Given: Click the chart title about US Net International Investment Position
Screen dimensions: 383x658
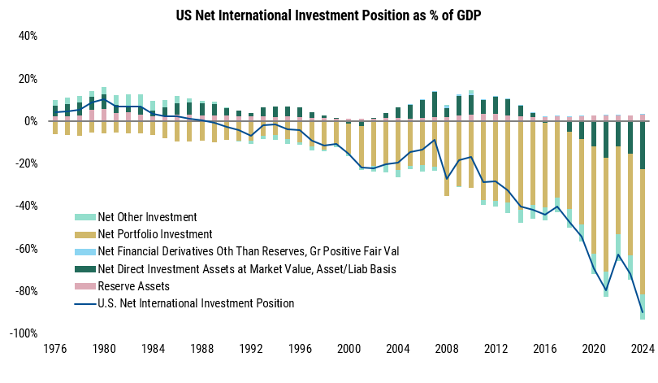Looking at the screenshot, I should point(328,15).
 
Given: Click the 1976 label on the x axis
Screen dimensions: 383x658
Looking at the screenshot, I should point(55,351).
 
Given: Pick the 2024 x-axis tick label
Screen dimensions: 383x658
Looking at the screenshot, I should point(642,351).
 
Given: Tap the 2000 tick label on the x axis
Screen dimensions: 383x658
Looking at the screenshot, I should point(348,351).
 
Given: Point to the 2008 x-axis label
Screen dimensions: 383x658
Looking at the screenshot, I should point(446,351).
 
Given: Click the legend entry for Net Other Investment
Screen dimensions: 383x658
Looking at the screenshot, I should point(136,217).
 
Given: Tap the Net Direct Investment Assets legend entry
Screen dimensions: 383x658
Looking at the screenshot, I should point(236,269).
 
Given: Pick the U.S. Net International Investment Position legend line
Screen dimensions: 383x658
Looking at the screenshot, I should point(184,303).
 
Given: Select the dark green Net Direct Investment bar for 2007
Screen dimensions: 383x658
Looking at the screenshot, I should point(434,105).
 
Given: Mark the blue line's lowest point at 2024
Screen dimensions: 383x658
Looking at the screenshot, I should point(642,312).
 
